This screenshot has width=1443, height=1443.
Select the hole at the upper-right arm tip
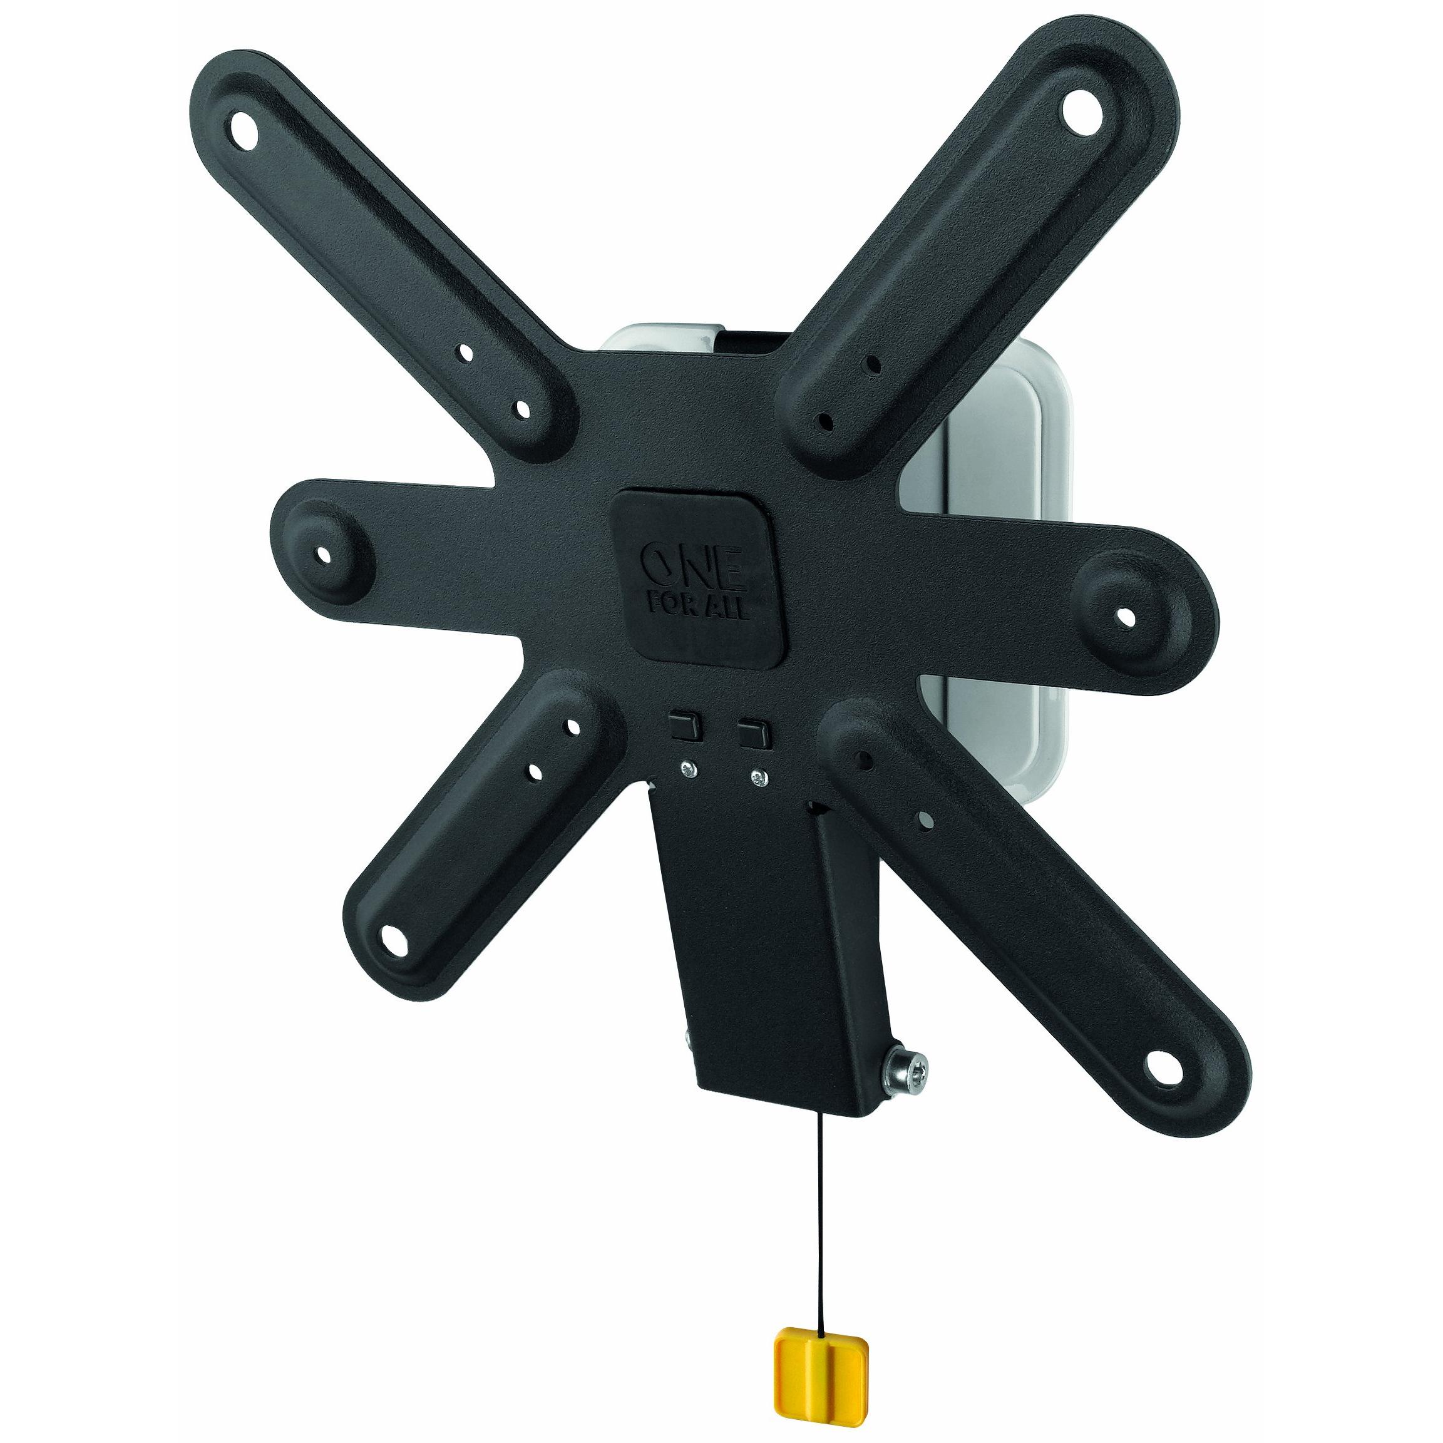click(x=1084, y=111)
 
